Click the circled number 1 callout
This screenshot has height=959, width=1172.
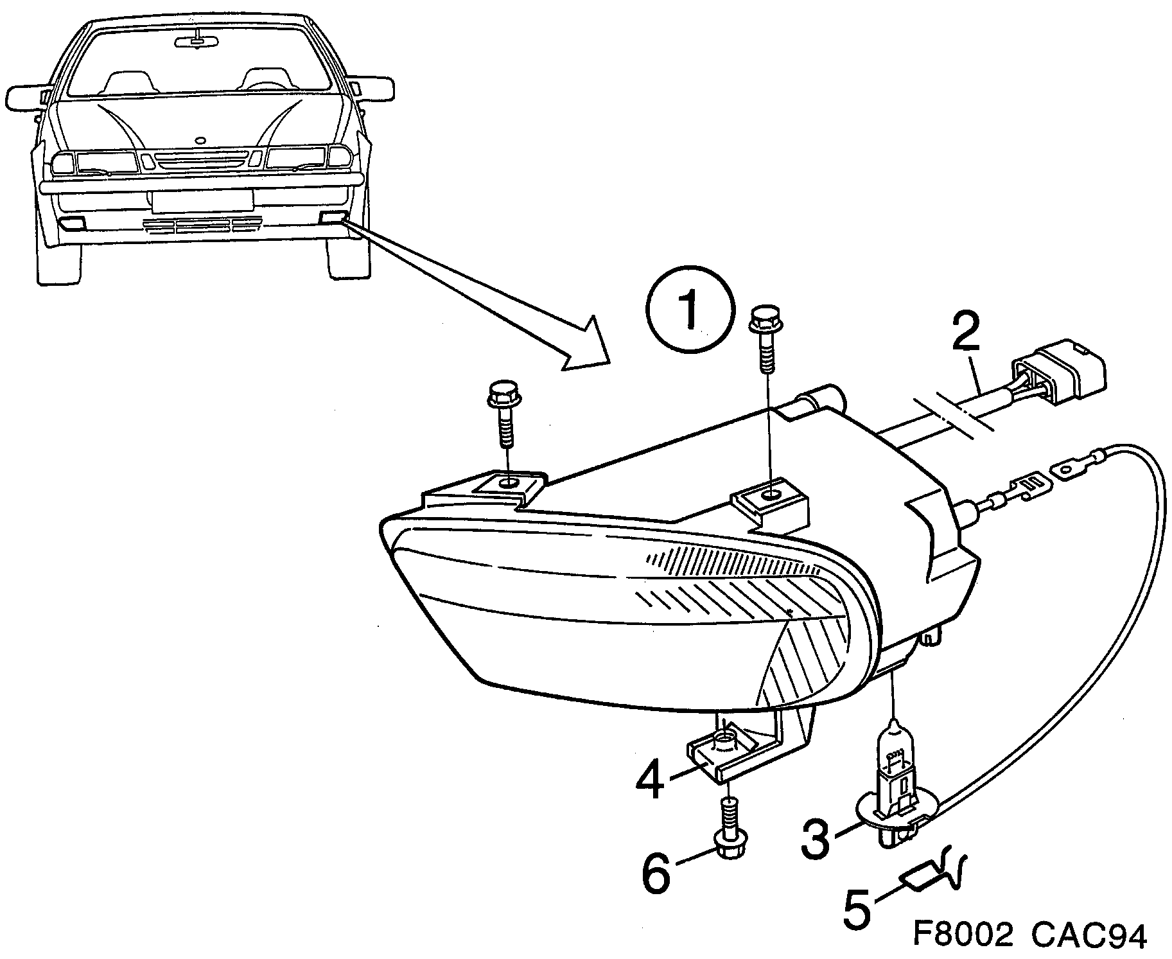tap(690, 312)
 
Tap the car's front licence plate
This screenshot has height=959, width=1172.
tap(202, 200)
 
